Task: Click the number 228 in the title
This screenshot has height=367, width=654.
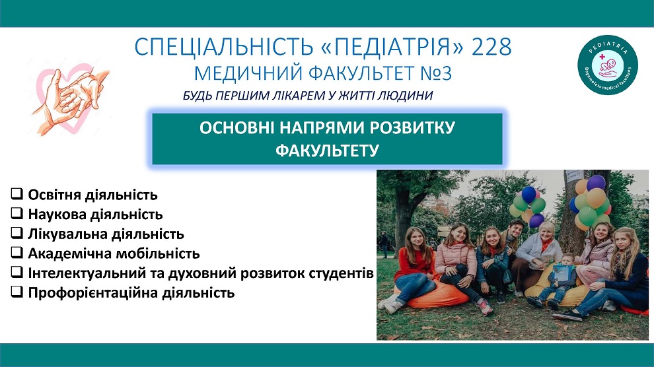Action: point(491,47)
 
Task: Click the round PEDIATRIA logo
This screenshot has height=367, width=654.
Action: point(608,65)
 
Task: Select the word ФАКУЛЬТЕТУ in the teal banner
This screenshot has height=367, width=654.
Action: point(327,150)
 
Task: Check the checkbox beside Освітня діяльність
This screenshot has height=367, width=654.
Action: point(17,193)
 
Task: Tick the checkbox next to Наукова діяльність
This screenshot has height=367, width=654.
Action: point(17,213)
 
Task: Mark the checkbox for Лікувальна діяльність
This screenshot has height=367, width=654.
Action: point(17,233)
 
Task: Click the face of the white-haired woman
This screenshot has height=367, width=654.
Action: point(546,232)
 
